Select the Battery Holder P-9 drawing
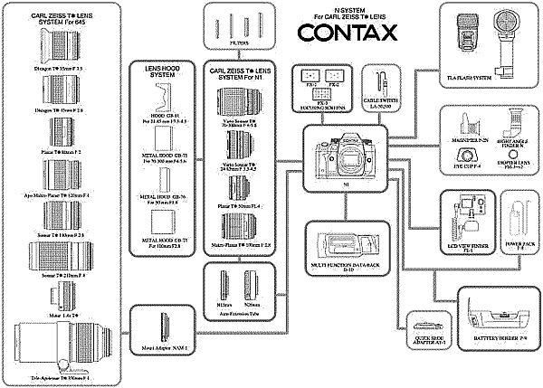pos(497,313)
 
